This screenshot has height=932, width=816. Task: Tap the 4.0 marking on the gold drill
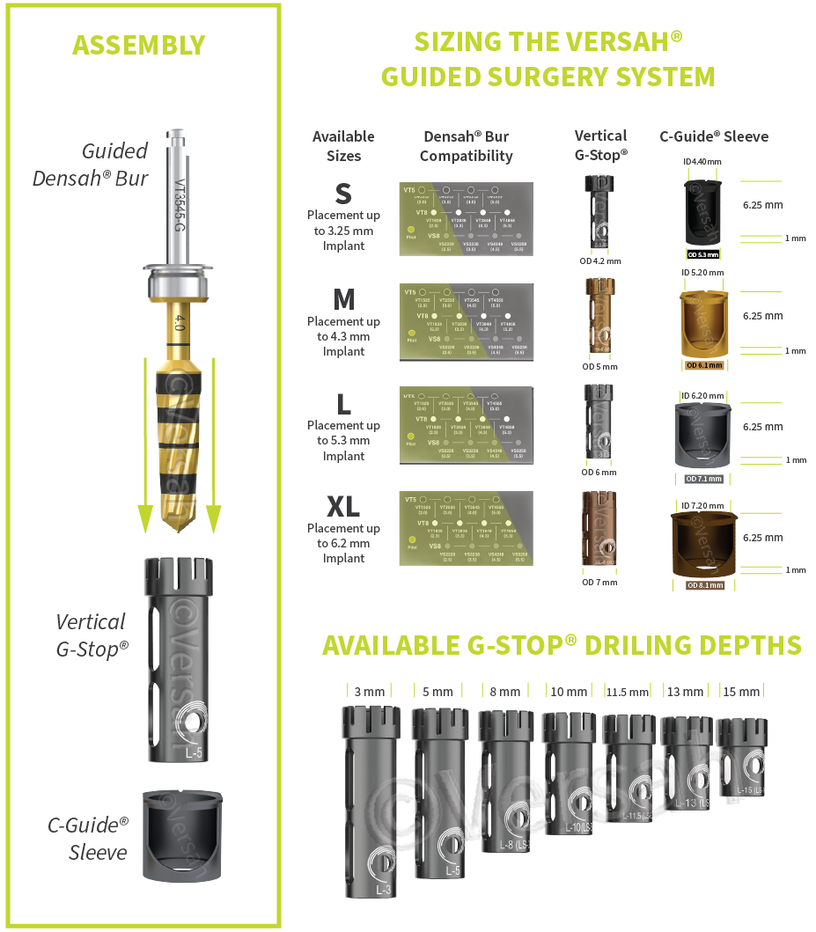pos(180,323)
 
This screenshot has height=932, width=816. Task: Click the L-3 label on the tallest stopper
pos(384,890)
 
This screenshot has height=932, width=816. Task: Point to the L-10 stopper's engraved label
pos(570,828)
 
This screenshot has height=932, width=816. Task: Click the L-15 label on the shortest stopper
pos(748,790)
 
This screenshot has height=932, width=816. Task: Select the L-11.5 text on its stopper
pos(635,816)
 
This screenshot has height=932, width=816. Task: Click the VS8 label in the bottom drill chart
pos(434,547)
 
